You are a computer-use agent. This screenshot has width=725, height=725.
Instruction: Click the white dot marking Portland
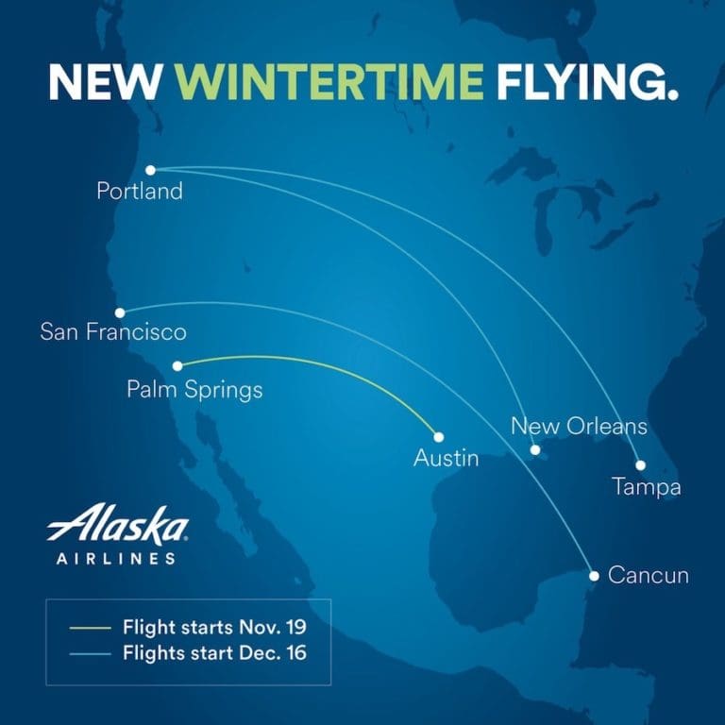[150, 170]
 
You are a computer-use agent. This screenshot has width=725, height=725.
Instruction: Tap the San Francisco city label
[113, 332]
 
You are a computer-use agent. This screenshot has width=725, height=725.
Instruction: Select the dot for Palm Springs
[177, 365]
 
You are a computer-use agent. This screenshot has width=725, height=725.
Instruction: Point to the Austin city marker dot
[439, 437]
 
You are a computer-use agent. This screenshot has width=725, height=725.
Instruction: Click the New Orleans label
[579, 426]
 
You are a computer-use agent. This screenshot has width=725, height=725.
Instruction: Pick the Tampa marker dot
[640, 464]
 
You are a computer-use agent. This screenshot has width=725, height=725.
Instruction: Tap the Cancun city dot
[594, 575]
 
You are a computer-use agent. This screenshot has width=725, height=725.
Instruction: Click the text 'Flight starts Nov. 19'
[214, 627]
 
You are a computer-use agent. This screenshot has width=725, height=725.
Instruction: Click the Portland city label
[140, 192]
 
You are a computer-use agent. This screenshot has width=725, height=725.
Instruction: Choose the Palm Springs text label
[194, 389]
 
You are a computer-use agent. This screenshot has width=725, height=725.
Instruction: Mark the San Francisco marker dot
[120, 312]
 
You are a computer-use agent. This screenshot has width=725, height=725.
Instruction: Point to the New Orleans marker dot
[534, 450]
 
